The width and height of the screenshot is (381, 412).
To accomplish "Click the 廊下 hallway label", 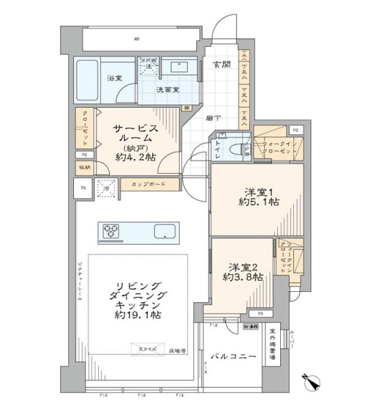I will pyautogui.click(x=213, y=118).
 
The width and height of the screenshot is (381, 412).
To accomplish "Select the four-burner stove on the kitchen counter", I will pyautogui.click(x=112, y=231).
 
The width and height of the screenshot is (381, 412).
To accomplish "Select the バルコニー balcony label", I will pyautogui.click(x=234, y=358).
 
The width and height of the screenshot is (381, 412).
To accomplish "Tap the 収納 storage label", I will pyautogui.click(x=84, y=167).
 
